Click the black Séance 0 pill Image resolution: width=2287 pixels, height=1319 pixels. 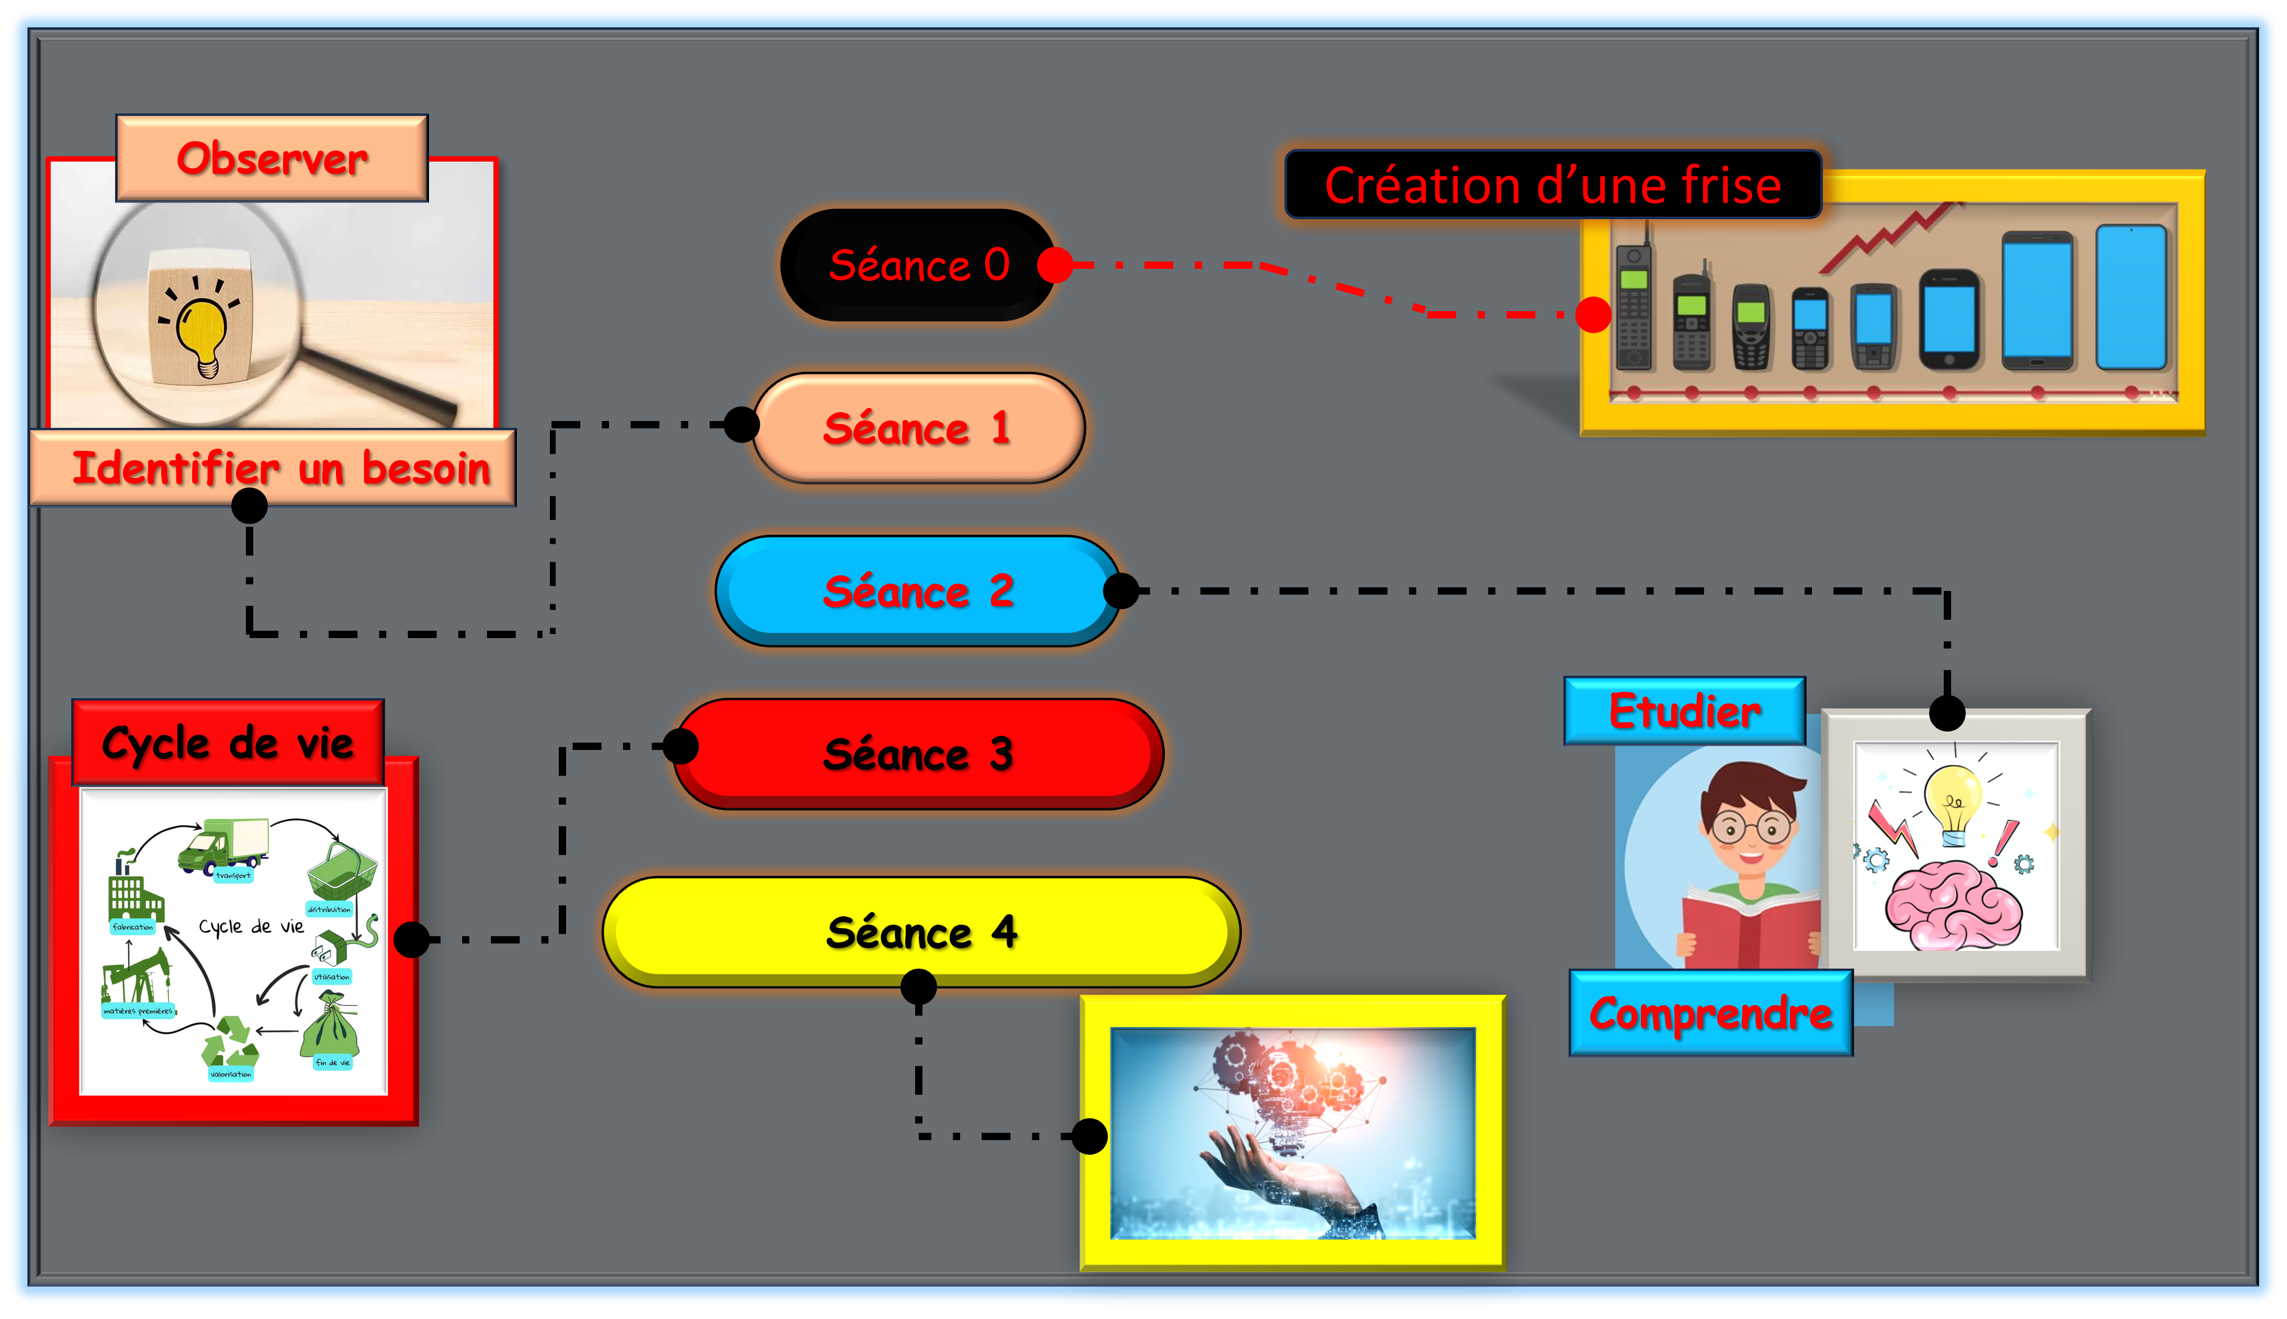917,265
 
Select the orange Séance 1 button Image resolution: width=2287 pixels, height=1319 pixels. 917,428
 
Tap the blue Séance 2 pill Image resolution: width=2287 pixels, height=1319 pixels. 917,590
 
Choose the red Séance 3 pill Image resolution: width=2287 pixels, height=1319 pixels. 917,754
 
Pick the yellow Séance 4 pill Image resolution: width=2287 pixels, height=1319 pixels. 920,931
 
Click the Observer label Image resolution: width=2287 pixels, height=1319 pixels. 272,158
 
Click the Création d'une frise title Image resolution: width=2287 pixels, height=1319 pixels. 1553,185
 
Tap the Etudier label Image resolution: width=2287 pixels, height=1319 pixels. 1684,711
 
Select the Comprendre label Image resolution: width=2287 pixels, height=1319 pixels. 1711,1013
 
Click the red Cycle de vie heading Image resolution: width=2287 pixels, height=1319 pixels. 228,743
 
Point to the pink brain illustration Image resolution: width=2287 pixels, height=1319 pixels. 1953,904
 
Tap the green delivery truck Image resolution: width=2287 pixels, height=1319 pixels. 224,844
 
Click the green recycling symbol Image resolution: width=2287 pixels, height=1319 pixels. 230,1042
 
